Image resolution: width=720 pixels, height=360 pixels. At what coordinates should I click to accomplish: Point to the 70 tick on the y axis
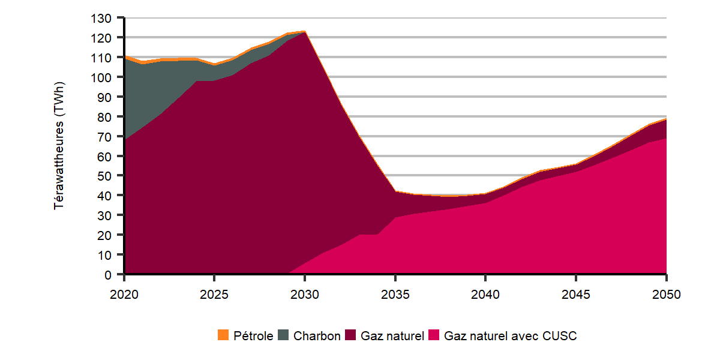click(104, 136)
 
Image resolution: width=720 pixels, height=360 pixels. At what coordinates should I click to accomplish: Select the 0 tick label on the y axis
click(108, 275)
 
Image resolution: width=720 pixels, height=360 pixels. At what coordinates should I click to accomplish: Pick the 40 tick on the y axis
click(104, 196)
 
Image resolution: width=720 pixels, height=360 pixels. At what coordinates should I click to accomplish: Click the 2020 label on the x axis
click(124, 295)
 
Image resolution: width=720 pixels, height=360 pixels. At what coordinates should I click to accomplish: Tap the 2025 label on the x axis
click(214, 295)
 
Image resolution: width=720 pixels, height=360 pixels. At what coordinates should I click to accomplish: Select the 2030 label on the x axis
click(305, 295)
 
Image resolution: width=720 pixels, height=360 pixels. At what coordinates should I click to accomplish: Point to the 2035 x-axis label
click(395, 295)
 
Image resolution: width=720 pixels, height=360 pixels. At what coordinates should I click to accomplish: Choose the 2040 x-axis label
click(485, 295)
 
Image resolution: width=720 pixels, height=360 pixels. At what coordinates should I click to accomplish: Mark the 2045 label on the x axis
click(576, 295)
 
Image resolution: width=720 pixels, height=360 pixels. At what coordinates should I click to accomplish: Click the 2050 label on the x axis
click(666, 295)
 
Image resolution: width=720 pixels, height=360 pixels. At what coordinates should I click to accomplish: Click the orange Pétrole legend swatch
click(223, 336)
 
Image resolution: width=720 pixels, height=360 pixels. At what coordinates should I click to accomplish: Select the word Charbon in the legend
click(317, 336)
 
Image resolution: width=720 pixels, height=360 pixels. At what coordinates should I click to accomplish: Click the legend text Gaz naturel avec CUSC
click(510, 336)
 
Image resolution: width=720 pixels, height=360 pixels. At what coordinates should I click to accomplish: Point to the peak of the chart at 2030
click(304, 31)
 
